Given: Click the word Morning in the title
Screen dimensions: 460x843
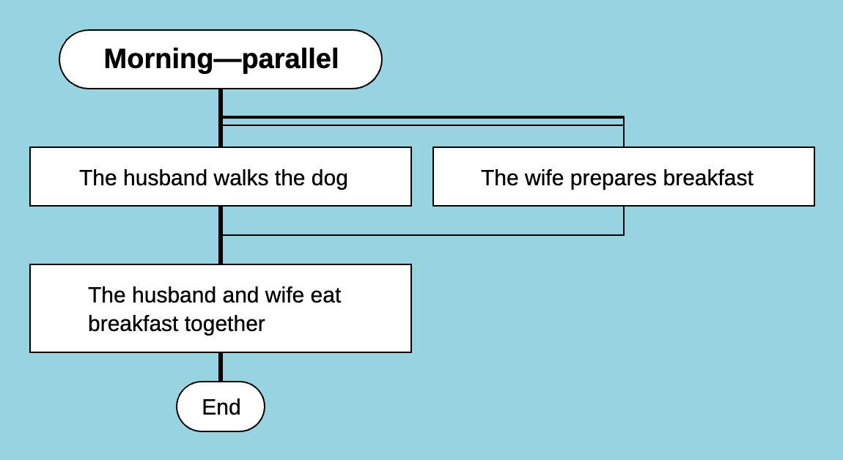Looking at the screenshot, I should click(x=157, y=59).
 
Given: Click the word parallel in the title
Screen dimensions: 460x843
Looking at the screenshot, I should click(x=290, y=59).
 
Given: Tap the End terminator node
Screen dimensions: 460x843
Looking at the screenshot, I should click(x=221, y=407).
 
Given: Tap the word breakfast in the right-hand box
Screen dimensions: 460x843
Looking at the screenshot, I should click(x=708, y=178).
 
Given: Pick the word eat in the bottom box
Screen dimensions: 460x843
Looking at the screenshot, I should click(x=326, y=295).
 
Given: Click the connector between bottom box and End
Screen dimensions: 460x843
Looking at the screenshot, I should click(x=221, y=366).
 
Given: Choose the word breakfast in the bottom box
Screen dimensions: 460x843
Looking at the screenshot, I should click(x=130, y=324).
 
